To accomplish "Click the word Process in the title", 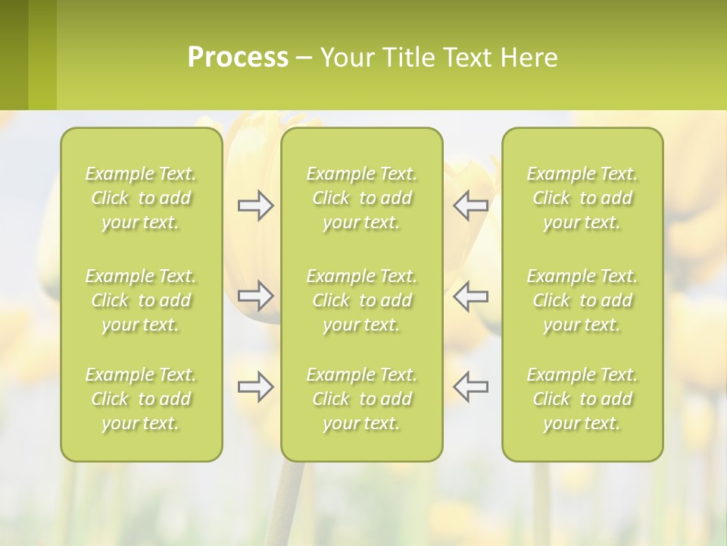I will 238,58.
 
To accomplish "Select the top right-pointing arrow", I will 256,206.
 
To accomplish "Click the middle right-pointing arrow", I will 256,296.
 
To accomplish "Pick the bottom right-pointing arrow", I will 256,387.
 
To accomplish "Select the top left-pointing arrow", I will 470,206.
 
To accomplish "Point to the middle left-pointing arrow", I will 470,296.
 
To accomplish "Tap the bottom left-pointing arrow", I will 470,387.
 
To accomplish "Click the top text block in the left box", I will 141,198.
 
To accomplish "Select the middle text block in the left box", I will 141,300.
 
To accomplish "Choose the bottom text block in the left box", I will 141,399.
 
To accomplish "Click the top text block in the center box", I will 361,198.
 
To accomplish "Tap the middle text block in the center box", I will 361,300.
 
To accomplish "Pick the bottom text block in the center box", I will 361,399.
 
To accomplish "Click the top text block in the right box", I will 582,198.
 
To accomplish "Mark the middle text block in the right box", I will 582,300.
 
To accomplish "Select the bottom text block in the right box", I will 582,399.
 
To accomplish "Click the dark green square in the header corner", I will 14,55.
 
